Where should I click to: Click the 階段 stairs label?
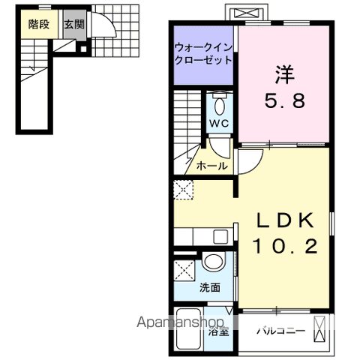[x=39, y=24]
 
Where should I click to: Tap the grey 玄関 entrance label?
[x=73, y=24]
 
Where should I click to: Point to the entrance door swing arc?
[x=106, y=30]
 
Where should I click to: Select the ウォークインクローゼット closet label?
[x=204, y=53]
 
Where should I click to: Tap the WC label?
[x=219, y=122]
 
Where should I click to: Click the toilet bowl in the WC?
[x=219, y=103]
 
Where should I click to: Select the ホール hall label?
[x=211, y=166]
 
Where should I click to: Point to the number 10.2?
[x=286, y=245]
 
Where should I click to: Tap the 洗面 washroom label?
[x=209, y=287]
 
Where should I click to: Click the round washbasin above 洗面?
[x=213, y=262]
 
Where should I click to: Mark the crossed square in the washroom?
[x=184, y=270]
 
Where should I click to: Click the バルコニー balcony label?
[x=280, y=330]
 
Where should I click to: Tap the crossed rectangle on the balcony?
[x=320, y=329]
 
